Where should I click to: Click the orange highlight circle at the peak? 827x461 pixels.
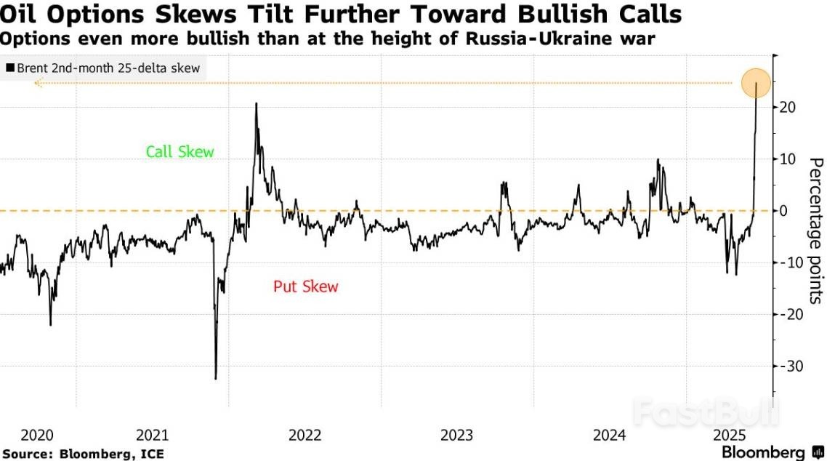coord(756,83)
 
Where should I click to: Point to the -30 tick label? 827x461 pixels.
coord(790,366)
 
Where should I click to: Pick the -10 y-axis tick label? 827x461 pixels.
coord(790,262)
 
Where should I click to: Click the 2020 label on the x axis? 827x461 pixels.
coord(37,435)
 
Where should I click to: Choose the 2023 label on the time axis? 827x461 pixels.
coord(456,435)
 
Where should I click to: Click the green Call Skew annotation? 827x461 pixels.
coord(180,152)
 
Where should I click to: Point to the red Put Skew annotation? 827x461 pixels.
coord(306,286)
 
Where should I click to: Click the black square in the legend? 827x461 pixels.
coord(10,68)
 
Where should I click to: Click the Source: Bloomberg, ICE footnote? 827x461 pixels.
coord(82,454)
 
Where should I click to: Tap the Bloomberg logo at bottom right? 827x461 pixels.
coord(772,452)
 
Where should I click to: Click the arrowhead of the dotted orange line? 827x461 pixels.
coord(37,84)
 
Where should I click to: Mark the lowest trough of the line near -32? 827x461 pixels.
coord(215,378)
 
